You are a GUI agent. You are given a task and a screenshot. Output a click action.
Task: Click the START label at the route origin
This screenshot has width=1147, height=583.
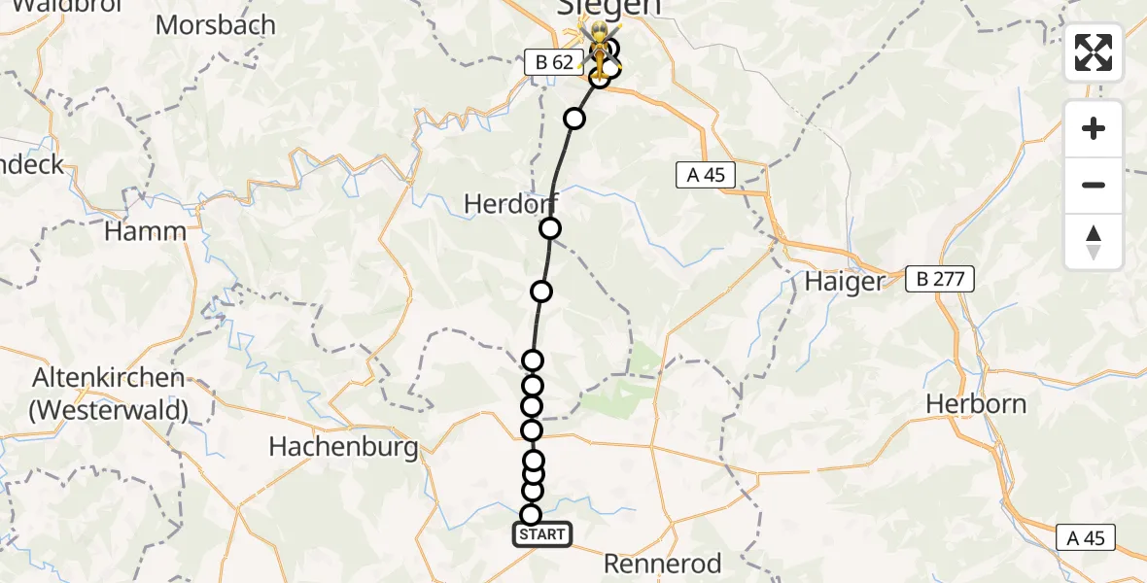point(541,534)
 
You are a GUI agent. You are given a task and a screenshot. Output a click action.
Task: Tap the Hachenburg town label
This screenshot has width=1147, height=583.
point(343,447)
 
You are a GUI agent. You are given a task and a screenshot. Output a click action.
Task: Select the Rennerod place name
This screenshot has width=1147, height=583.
point(663,564)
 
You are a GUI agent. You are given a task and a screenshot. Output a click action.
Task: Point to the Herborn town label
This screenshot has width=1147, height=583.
point(975,403)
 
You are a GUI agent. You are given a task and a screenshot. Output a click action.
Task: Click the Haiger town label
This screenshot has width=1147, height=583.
point(845,282)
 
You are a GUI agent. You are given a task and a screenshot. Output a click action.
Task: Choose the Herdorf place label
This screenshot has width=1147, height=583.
point(511,204)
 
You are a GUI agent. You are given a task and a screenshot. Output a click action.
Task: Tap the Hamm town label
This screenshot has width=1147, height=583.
point(145,231)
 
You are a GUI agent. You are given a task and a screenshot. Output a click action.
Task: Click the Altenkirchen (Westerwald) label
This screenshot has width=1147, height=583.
point(109,394)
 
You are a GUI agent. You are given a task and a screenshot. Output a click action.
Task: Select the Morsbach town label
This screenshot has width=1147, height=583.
point(215,24)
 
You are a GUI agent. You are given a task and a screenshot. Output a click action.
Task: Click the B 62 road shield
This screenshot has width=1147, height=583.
point(550,62)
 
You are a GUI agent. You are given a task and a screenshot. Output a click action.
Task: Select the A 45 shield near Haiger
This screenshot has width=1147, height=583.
point(706,175)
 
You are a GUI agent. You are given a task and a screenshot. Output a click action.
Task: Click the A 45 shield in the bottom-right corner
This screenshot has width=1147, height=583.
point(1086,537)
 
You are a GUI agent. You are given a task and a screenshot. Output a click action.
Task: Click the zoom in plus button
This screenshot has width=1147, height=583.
point(1094,128)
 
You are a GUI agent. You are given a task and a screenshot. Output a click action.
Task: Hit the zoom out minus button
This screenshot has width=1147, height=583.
point(1094,185)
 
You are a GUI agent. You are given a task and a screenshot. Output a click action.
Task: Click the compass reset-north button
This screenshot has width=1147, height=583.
point(1094,242)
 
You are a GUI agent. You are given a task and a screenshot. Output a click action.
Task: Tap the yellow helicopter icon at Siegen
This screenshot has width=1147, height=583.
point(602,49)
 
